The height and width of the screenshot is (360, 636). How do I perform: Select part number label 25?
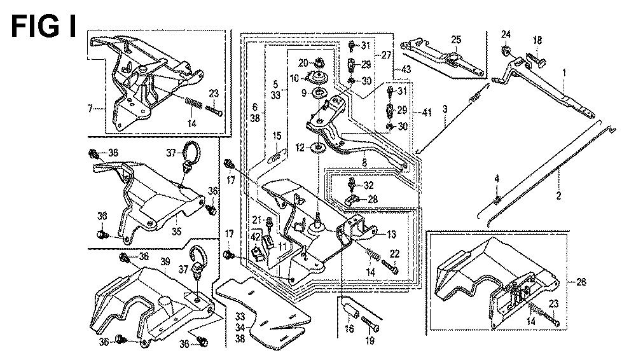[x=455, y=39]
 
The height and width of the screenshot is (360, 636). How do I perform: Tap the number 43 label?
[x=404, y=69]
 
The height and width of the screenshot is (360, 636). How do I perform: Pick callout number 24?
[x=506, y=34]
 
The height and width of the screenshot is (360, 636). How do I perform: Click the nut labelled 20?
[x=320, y=62]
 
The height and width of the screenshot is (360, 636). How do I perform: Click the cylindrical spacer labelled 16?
[x=349, y=310]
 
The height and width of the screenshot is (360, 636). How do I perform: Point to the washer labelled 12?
[x=316, y=149]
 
